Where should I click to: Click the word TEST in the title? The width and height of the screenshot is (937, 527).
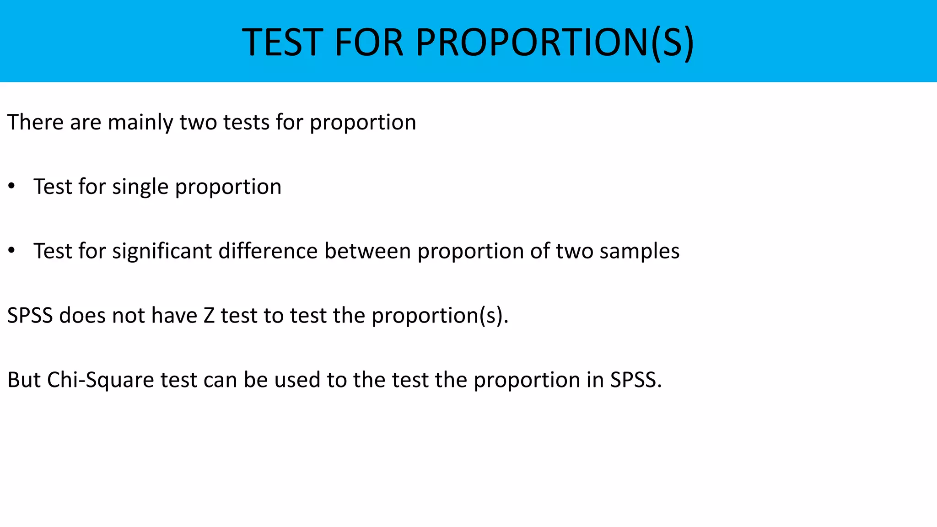(x=282, y=43)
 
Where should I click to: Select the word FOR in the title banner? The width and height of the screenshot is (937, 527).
(x=369, y=43)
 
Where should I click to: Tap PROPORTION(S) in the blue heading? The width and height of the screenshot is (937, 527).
(x=555, y=43)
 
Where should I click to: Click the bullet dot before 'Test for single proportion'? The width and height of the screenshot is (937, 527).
(x=12, y=186)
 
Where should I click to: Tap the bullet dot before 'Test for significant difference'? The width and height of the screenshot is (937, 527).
(x=12, y=251)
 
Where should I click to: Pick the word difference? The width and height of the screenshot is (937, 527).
(x=268, y=251)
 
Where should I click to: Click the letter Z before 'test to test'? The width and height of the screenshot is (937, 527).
(x=209, y=316)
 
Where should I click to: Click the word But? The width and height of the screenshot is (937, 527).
(x=24, y=380)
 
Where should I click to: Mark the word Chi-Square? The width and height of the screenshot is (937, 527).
(x=101, y=380)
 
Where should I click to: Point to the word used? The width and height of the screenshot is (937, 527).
(x=297, y=380)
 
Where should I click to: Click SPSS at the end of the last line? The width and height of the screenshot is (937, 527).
(x=635, y=380)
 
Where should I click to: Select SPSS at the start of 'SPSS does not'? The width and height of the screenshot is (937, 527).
(x=30, y=316)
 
